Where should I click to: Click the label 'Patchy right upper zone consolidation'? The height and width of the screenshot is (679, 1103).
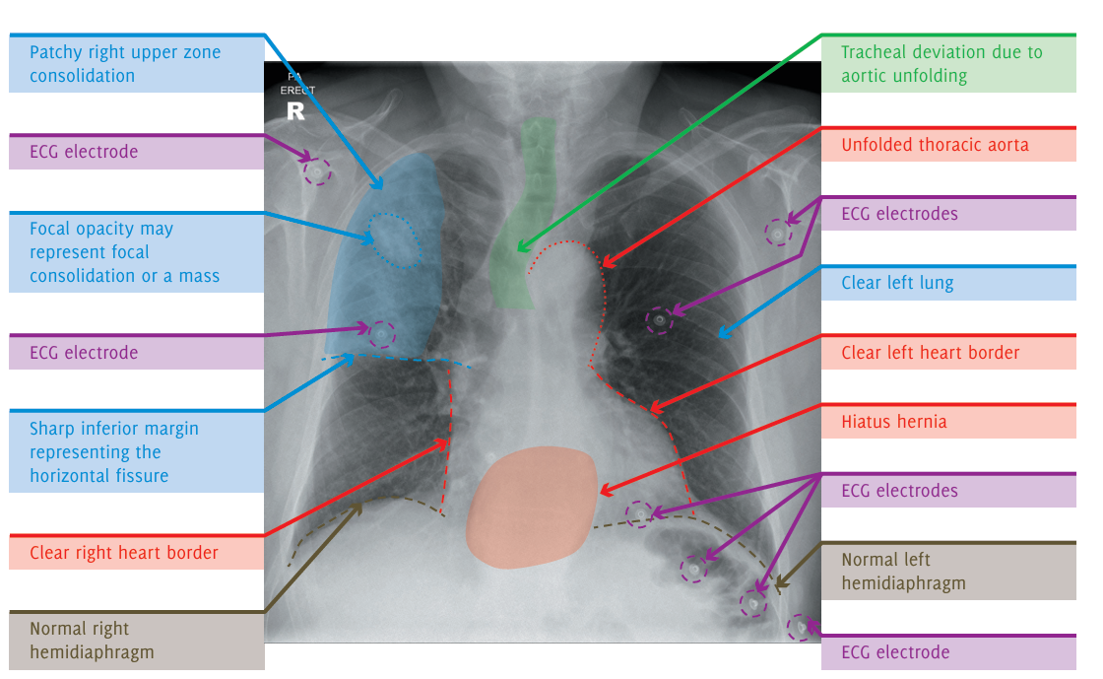(125, 64)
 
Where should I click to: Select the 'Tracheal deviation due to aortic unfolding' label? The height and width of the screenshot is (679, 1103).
(941, 64)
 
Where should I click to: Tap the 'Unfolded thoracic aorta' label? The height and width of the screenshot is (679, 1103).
(935, 145)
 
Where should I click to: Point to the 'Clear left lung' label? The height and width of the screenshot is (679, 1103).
(897, 283)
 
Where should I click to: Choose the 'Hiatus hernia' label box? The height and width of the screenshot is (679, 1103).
(894, 422)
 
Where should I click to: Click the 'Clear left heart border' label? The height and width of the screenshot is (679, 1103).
(931, 353)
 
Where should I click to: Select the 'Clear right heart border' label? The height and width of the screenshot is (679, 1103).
(124, 553)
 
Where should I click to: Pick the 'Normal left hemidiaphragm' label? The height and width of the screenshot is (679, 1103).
(903, 572)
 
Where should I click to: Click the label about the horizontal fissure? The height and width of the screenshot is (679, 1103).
(114, 452)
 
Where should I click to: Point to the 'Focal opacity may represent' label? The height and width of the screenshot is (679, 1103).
(124, 252)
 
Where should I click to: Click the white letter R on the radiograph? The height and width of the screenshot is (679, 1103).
(295, 111)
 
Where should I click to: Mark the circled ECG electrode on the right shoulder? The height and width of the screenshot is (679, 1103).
(317, 172)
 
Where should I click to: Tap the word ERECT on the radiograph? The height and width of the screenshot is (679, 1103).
(297, 90)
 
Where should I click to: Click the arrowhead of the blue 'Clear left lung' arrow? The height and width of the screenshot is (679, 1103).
(721, 335)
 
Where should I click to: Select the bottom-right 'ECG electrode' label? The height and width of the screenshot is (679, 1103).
(895, 652)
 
